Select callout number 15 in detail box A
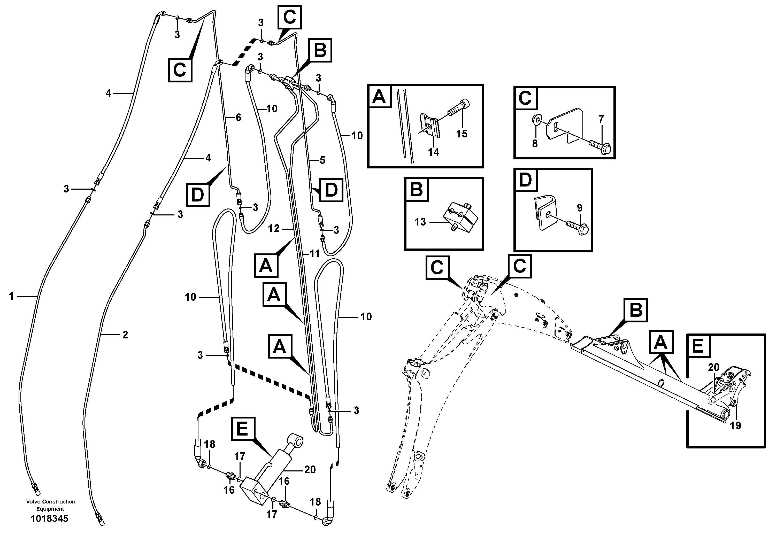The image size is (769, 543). point(462,134)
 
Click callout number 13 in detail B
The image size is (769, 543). point(420,222)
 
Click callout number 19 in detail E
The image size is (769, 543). point(735,426)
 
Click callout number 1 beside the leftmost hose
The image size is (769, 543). point(11,296)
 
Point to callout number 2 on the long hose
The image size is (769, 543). point(125,335)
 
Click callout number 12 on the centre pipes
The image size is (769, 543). point(274,228)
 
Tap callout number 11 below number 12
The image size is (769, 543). point(314,254)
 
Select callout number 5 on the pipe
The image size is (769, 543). point(322,160)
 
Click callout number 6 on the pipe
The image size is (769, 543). point(238,117)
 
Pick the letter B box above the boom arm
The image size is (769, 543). point(635,310)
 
